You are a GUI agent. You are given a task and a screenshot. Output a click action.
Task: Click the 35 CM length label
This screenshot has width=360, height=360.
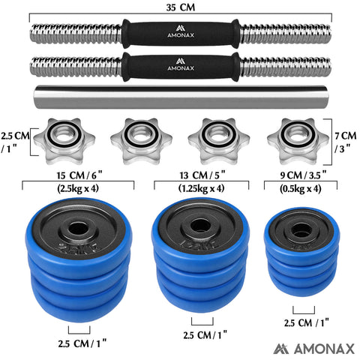point(179,7)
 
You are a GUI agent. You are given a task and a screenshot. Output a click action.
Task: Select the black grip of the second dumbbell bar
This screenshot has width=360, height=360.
point(180,66)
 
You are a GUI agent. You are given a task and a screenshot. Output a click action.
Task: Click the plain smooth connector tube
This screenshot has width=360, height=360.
point(180,98)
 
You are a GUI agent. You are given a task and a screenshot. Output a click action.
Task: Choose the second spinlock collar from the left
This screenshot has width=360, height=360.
point(141,138)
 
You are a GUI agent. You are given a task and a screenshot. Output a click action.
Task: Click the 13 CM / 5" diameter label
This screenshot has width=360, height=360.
point(199,176)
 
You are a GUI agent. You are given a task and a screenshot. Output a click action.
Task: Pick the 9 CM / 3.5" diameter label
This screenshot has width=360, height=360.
point(304,176)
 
